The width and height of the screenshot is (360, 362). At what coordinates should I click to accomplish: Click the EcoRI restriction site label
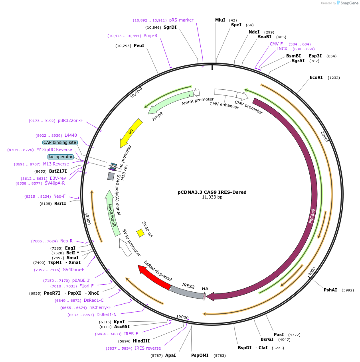[316, 78]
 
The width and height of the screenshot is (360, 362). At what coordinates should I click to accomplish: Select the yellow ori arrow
[131, 133]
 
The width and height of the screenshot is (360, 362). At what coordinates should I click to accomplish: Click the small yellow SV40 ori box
[140, 232]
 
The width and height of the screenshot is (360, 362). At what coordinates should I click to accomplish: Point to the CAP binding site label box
[60, 142]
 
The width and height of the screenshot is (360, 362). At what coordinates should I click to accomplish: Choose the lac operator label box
[61, 157]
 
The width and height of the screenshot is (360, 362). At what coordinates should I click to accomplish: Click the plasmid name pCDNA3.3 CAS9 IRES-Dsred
[212, 192]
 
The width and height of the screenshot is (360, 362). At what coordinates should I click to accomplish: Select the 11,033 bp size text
[212, 197]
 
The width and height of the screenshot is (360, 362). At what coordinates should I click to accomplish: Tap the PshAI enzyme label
[330, 290]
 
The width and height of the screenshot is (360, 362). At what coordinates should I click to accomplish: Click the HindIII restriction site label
[141, 341]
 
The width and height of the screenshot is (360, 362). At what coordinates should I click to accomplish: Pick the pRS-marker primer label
[181, 20]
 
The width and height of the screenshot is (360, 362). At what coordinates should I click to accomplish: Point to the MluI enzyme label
[220, 20]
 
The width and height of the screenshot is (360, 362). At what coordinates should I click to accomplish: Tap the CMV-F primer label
[276, 44]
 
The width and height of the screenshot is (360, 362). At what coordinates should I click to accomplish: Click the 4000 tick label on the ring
[312, 271]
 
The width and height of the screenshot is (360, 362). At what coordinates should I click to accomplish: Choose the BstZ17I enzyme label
[58, 171]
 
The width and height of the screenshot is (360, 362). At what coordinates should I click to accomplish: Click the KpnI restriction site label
[119, 322]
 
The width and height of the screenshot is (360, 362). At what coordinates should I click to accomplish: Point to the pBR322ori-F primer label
[70, 120]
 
